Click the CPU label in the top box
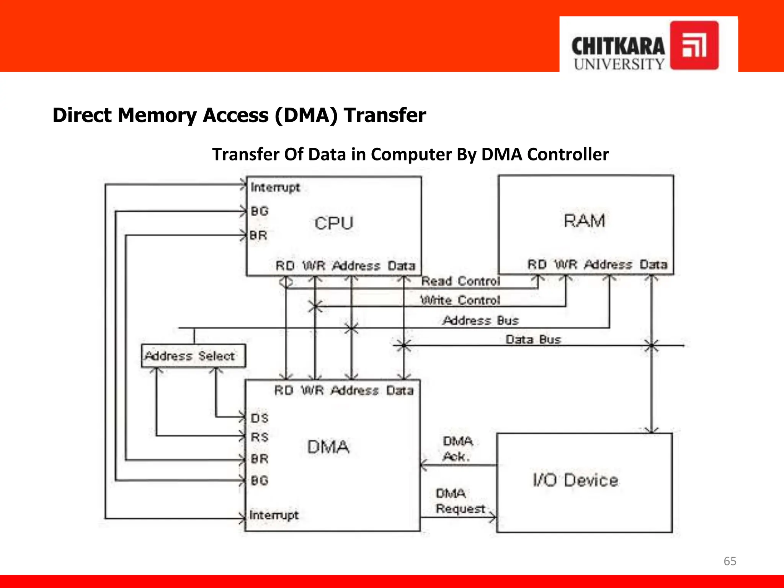[x=333, y=223]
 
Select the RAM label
[x=584, y=221]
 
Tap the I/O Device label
[x=575, y=480]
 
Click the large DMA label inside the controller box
[x=328, y=447]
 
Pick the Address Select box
[x=193, y=356]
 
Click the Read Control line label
[x=461, y=281]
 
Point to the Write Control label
[x=460, y=301]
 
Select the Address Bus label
[x=480, y=320]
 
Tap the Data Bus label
[x=533, y=340]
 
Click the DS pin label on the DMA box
[x=260, y=418]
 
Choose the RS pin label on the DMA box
[x=260, y=437]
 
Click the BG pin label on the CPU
[x=260, y=211]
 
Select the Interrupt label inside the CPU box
[x=275, y=188]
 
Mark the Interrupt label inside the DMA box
[x=274, y=515]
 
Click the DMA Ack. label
[x=457, y=449]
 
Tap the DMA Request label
[x=460, y=501]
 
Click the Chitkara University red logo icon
[x=694, y=46]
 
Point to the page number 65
[x=730, y=561]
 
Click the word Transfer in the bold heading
[x=384, y=115]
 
